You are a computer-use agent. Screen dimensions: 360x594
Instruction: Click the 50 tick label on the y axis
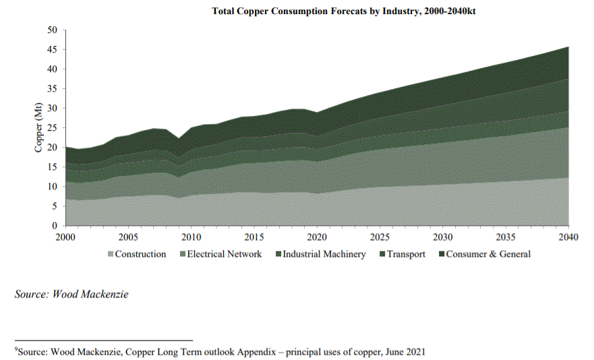click(53, 30)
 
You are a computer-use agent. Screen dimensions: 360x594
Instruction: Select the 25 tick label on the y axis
click(53, 128)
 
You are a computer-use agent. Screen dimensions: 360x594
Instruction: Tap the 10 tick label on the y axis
click(53, 187)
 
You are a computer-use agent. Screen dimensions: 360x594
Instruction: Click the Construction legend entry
click(140, 254)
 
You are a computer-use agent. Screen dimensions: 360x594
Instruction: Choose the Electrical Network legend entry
click(224, 254)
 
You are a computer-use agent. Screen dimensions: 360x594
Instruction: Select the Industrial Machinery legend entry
click(324, 254)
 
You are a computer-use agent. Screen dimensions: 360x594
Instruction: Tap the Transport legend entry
click(406, 254)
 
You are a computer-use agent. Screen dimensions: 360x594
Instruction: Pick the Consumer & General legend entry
click(488, 254)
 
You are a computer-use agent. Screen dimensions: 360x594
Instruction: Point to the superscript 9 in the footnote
click(16, 350)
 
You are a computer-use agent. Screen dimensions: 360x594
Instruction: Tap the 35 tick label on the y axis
click(53, 88)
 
